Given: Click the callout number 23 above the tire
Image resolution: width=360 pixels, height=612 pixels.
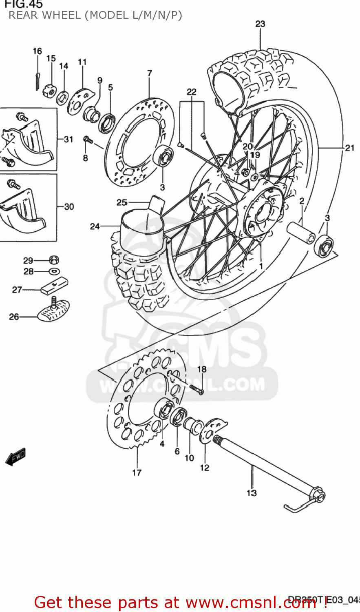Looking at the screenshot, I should [260, 24].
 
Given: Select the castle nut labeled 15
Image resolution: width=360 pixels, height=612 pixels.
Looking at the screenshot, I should [50, 90].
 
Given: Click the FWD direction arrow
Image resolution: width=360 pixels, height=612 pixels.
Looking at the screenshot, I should [16, 457].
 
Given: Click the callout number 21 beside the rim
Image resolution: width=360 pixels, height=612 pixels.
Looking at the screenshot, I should [349, 148].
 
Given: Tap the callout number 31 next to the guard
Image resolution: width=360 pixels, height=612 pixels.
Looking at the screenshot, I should [68, 140].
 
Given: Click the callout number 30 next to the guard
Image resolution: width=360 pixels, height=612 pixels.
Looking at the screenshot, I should [69, 206].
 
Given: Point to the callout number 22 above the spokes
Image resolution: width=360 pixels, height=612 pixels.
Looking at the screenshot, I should [191, 92].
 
